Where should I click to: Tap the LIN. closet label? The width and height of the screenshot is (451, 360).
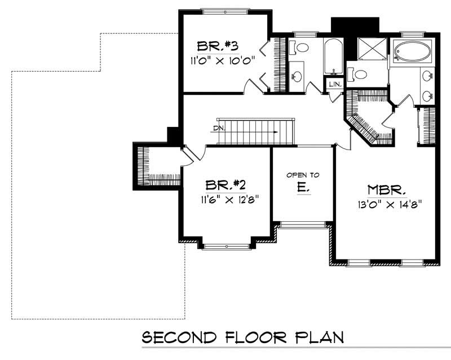335,84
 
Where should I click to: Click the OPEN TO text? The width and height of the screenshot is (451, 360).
303,175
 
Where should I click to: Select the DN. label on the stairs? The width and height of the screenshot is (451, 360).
219,128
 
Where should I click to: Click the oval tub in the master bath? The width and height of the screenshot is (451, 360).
412,52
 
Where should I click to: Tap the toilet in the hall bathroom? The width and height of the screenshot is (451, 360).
301,48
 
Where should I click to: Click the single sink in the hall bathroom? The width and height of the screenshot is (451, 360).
296,74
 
